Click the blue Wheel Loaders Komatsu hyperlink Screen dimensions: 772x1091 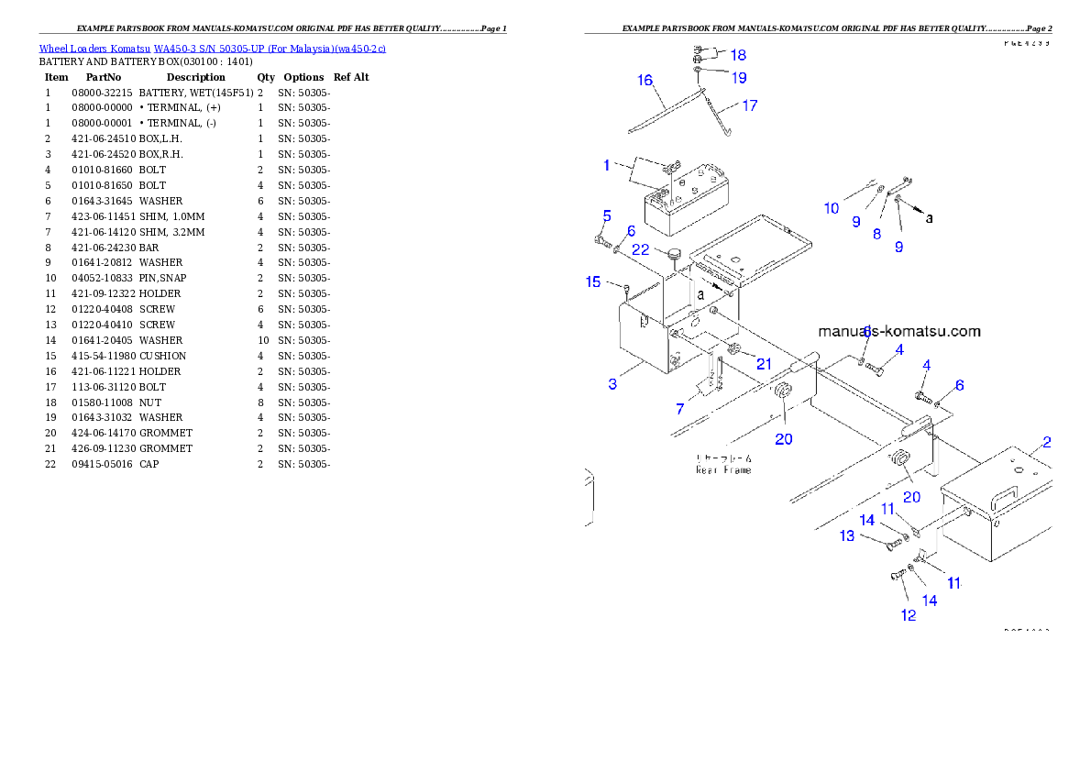point(212,49)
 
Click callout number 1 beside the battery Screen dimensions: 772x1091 point(607,165)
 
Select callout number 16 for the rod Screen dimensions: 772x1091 point(645,80)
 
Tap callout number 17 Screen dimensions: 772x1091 point(749,105)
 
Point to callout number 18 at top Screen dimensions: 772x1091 point(738,55)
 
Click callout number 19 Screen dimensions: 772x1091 point(738,77)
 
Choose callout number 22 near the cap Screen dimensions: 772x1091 point(641,250)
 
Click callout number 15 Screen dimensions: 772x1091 point(593,281)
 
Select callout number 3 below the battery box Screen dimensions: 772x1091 point(612,383)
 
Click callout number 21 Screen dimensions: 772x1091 point(764,364)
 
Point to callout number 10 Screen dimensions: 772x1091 point(832,208)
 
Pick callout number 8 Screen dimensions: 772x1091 point(876,234)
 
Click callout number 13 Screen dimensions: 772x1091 point(846,535)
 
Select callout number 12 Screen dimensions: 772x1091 point(908,615)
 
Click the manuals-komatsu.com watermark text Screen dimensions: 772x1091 point(898,331)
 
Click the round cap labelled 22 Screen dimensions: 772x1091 point(675,254)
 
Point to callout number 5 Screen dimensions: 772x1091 point(607,215)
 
